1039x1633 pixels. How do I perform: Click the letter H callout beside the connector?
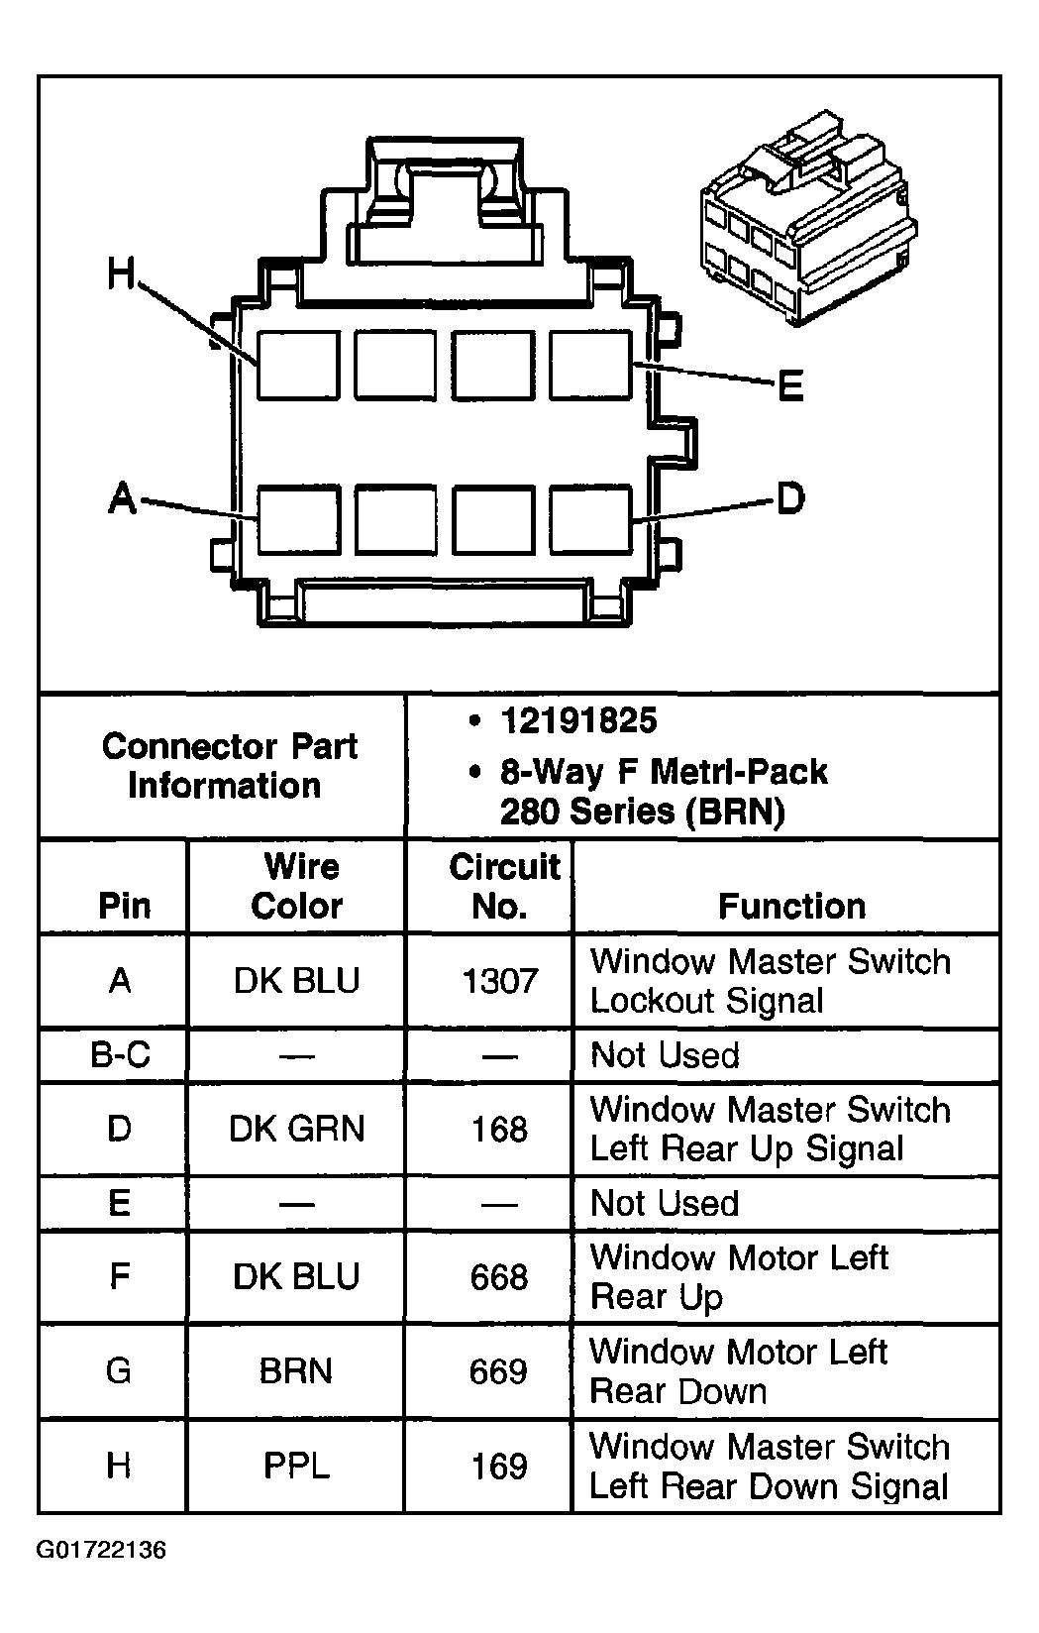121,273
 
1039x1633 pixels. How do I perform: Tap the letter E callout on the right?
789,386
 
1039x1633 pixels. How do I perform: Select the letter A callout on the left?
122,497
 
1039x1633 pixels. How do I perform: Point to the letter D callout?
789,498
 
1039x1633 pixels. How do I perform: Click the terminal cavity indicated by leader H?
298,365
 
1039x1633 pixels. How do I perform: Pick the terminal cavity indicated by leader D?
590,518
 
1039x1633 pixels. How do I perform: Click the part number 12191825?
578,721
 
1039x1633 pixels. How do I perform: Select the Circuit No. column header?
503,886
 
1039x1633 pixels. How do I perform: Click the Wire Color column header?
297,886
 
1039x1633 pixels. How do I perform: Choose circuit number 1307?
500,981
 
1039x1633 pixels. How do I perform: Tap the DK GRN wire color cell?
296,1129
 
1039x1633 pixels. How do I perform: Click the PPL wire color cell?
296,1466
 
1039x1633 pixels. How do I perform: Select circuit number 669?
498,1371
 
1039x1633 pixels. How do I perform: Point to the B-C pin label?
120,1054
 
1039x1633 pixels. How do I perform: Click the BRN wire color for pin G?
296,1371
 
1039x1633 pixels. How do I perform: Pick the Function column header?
791,906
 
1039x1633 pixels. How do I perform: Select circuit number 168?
499,1129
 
